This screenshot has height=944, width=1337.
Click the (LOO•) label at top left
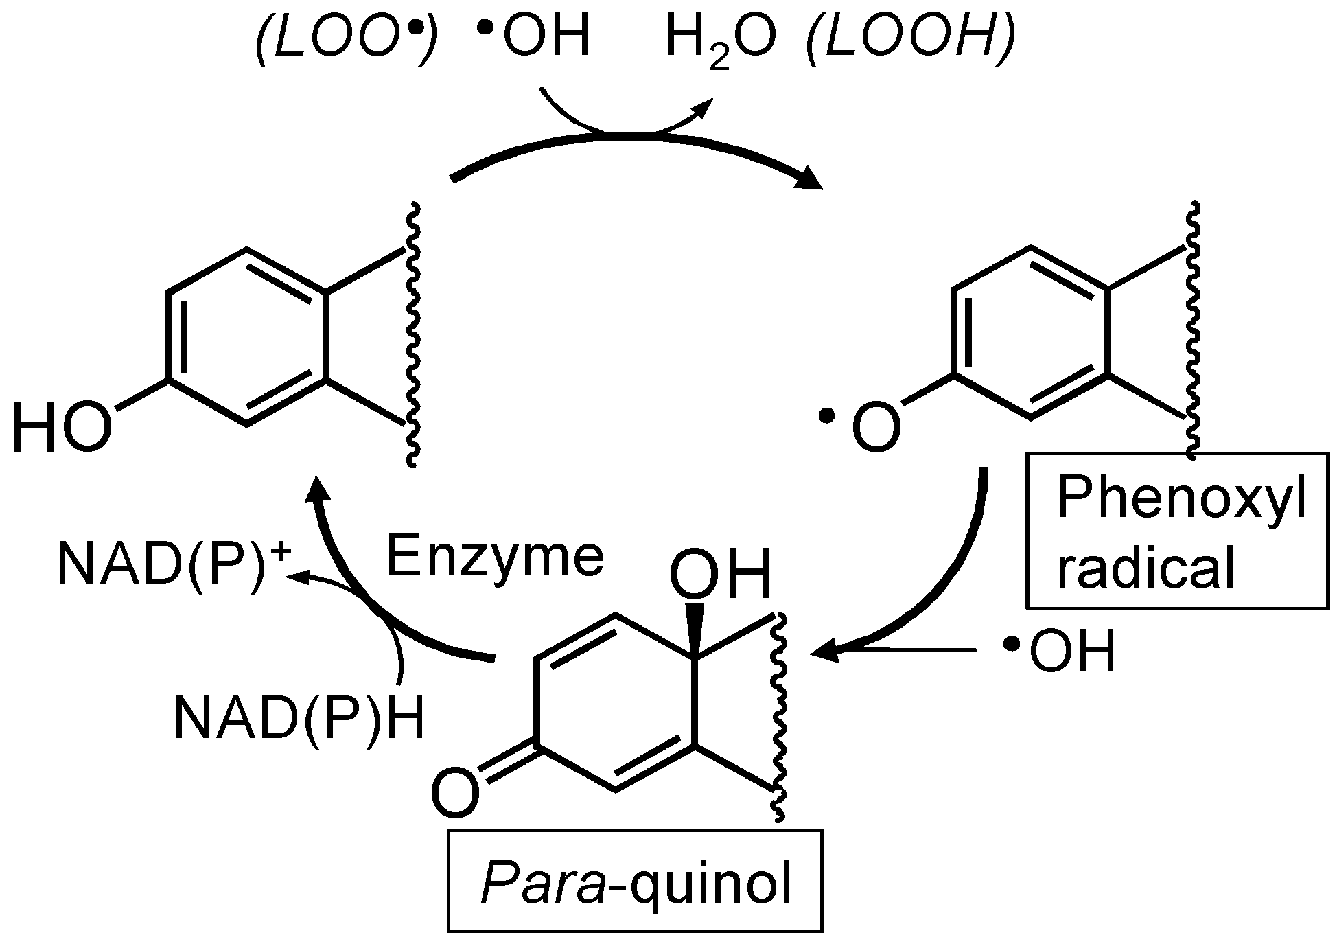pos(347,40)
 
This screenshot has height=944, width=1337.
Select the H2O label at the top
pos(721,40)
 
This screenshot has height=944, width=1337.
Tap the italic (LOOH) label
pos(910,40)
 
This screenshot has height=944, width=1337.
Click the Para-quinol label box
pos(635,881)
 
